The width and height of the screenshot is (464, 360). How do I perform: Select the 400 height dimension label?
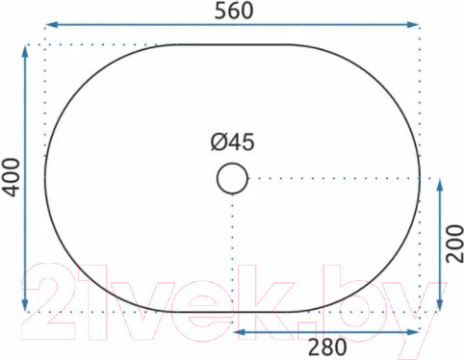click(x=11, y=179)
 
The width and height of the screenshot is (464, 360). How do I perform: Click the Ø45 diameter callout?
click(x=232, y=142)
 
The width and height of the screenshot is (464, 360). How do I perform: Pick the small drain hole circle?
click(x=232, y=178)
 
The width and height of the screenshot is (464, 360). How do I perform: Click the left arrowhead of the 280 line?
click(x=239, y=331)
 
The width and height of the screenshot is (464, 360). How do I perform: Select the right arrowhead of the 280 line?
click(x=416, y=331)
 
